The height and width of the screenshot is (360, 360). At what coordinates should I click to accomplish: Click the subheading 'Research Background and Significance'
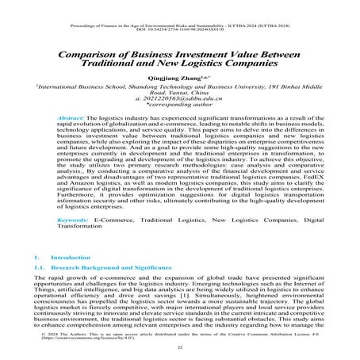(x=110, y=270)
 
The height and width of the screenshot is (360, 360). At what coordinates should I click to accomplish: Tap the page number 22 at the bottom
(x=180, y=347)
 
